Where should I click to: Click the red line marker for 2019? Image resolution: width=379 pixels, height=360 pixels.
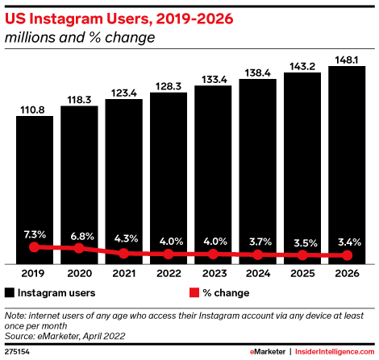coord(34,247)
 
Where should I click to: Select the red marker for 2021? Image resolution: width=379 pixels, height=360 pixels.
coord(123,253)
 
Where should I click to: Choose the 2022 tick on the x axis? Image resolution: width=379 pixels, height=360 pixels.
coord(169,272)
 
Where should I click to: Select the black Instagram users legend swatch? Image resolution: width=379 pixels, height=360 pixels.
coord(10,292)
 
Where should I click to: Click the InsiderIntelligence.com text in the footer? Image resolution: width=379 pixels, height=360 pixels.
coord(329,352)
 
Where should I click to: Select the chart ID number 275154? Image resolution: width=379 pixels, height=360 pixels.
coord(18,352)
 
